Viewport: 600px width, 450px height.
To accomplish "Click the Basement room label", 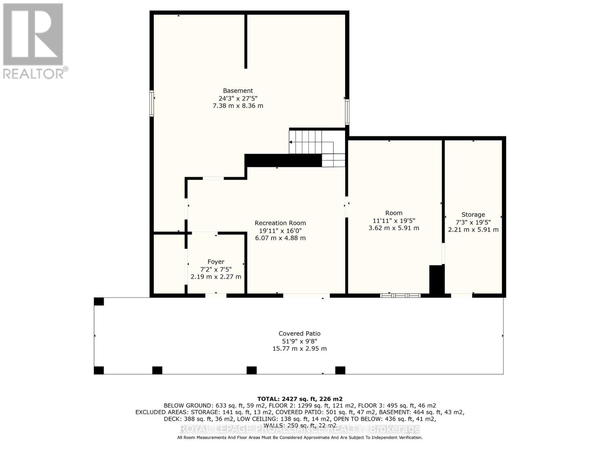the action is point(238,91).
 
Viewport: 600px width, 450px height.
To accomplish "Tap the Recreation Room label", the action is point(280,223).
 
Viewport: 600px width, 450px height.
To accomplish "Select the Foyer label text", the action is point(216,262).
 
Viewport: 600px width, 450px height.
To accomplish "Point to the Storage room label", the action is point(473,215).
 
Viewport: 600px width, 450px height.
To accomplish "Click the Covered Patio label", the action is point(299,333).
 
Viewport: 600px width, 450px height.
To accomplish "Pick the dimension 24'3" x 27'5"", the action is point(238,98).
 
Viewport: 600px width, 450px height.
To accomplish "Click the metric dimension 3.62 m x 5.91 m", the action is point(394,228).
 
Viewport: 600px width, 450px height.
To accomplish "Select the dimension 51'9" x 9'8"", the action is point(299,341).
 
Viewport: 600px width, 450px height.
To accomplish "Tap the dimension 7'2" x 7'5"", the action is point(216,269).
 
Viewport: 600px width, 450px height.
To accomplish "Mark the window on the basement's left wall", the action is point(151,103).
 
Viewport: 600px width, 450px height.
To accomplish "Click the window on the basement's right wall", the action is point(347,112).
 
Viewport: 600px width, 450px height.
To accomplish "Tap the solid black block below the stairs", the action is point(283,160).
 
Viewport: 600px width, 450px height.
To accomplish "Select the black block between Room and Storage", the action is point(437,280).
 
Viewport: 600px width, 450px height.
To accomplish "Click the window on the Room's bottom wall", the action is point(400,295).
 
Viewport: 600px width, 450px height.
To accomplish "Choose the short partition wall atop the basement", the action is point(246,41).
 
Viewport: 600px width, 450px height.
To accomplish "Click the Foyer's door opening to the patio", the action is point(216,295).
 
